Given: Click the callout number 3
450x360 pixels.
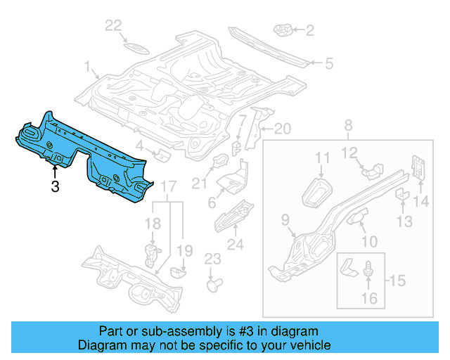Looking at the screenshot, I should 54,186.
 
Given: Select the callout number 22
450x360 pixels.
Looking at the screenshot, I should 113,26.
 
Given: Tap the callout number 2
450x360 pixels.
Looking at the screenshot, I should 309,30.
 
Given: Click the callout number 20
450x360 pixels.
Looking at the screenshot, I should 281,129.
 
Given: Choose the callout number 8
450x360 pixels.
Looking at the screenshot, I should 347,126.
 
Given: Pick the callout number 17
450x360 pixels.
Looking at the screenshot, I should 168,186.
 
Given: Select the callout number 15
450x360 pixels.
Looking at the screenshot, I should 397,281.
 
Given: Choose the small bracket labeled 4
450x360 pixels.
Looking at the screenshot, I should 160,155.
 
